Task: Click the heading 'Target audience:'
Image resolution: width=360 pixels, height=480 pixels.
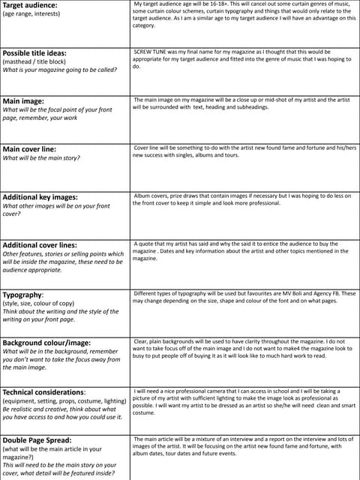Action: pos(29,5)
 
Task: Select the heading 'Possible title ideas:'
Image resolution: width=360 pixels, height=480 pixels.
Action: pos(34,53)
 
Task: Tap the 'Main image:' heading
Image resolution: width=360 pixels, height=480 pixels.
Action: pos(23,101)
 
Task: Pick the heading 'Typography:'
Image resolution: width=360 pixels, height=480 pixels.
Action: pos(23,295)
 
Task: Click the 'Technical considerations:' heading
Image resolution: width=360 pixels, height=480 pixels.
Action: pos(44,392)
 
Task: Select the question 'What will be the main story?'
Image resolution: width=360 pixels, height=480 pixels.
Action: pos(41,158)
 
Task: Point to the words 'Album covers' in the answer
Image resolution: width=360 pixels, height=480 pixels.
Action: pos(152,195)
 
